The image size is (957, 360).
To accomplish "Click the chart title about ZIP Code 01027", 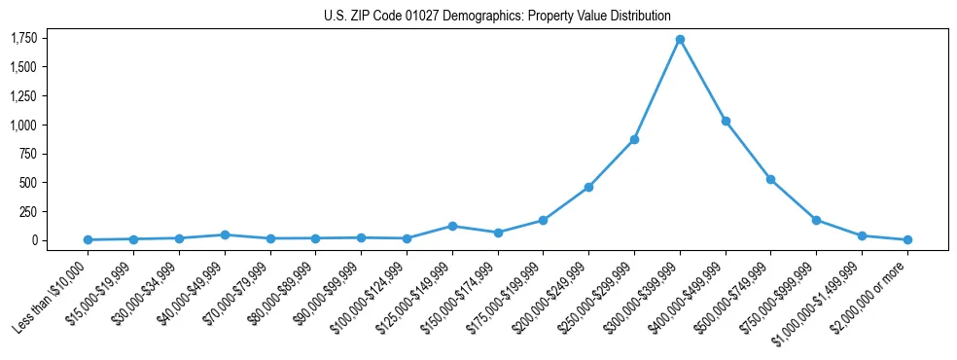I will tap(497, 16).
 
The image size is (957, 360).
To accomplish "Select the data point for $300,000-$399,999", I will tap(680, 39).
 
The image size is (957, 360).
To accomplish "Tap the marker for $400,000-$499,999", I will tap(726, 121).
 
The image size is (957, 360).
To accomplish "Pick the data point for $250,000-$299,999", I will tap(634, 139).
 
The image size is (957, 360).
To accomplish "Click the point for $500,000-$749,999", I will tap(770, 179).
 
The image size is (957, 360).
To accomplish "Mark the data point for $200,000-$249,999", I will tap(588, 187).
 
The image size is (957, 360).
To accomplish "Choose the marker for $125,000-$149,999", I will tap(452, 226).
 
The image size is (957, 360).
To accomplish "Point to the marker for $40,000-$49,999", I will tap(225, 234).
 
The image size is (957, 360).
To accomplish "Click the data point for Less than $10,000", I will tap(88, 239).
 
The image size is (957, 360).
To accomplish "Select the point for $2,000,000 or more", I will tap(907, 239).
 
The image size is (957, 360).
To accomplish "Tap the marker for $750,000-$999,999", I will tap(816, 220).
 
